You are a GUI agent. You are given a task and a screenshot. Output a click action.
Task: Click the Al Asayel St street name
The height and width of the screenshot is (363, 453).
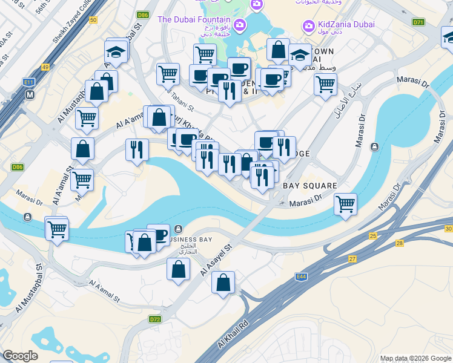216,260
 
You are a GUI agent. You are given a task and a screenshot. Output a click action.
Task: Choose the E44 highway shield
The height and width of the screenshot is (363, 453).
301,275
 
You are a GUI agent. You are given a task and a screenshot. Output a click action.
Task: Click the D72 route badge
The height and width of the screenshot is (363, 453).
155,319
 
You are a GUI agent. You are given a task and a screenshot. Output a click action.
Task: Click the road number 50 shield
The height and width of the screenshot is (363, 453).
92,20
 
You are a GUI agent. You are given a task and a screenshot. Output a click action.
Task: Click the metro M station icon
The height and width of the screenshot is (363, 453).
29,95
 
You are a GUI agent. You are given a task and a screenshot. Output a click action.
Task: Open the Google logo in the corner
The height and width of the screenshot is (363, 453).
20,356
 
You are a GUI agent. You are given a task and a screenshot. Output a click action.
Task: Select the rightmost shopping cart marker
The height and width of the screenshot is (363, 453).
345,204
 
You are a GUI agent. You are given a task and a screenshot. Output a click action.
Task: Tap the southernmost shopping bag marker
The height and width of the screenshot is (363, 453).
223,281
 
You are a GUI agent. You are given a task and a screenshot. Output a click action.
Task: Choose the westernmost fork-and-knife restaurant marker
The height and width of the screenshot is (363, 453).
137,149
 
